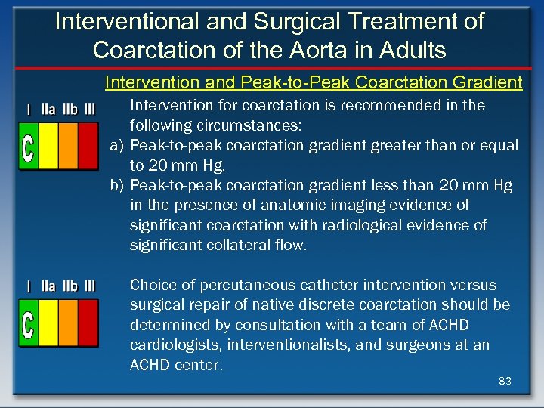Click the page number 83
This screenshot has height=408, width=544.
[x=505, y=381]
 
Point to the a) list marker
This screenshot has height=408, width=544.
[x=117, y=145]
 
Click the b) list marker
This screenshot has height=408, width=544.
[x=117, y=185]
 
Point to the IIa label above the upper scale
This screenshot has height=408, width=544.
[x=48, y=110]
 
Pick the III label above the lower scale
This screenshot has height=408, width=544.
[x=90, y=286]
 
